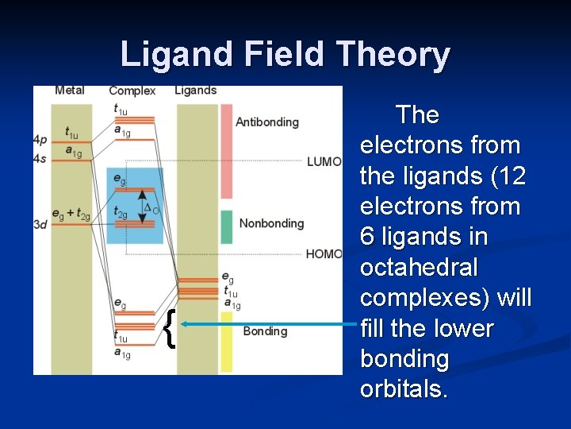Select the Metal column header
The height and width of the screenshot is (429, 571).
tap(70, 91)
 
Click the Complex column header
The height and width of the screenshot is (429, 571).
tap(132, 91)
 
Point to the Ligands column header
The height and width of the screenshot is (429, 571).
tap(196, 91)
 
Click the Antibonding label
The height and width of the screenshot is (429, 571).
tap(267, 122)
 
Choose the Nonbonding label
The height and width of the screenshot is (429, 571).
tap(271, 223)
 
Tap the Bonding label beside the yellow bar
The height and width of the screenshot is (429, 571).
tap(265, 331)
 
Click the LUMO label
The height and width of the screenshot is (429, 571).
tap(324, 162)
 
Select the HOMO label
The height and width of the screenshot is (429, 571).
tap(324, 254)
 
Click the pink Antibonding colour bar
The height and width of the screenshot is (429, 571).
tap(226, 151)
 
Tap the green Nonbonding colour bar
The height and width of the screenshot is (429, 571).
tap(226, 226)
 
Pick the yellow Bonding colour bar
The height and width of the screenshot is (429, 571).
tap(226, 342)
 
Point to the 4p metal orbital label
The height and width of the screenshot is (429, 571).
tap(40, 140)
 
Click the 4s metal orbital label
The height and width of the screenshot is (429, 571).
tap(40, 159)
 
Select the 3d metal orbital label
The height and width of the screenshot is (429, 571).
tap(40, 225)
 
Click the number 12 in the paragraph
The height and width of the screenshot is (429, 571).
tap(508, 176)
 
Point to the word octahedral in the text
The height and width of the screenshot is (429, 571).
tap(419, 268)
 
